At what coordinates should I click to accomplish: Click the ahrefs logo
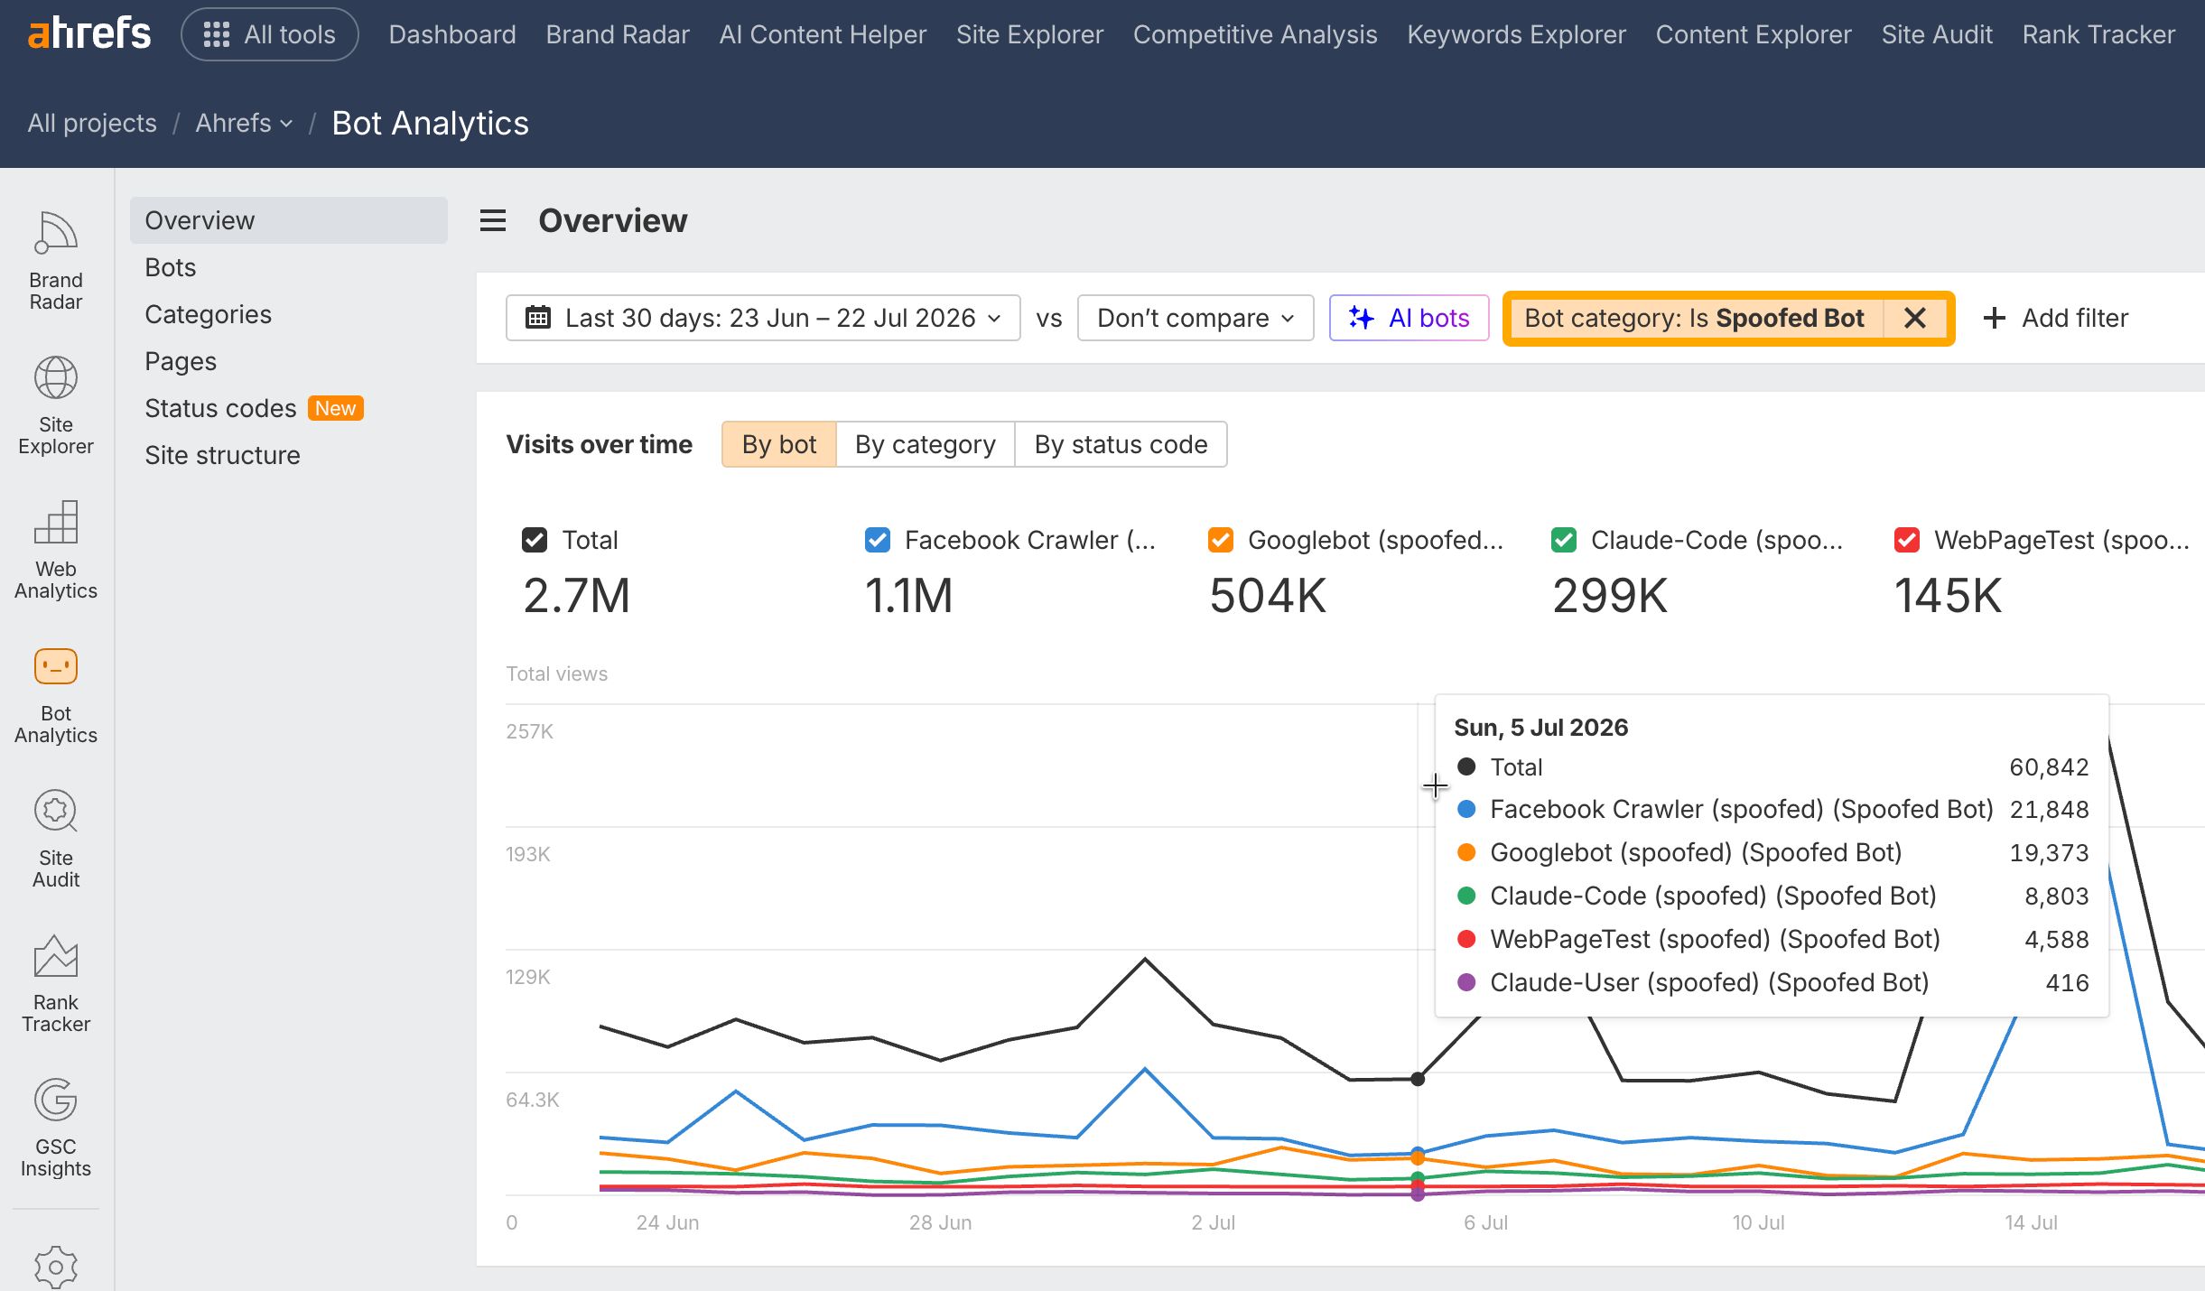coord(89,34)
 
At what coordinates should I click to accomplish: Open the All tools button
coord(270,34)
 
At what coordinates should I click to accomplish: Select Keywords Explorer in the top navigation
coord(1516,34)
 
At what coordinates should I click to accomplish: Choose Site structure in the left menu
coord(222,455)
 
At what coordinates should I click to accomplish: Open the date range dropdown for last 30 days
coord(763,318)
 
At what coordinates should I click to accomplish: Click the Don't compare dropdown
coord(1196,318)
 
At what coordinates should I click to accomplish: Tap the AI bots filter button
coord(1409,318)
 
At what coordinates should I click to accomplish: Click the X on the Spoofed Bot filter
coord(1914,318)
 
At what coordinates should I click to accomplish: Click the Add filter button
coord(2055,318)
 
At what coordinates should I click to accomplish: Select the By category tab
coord(925,444)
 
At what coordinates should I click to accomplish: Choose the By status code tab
coord(1121,444)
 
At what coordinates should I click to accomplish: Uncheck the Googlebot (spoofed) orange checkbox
coord(1220,540)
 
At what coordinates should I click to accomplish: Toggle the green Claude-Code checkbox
coord(1563,540)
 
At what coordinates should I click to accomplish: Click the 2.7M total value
coord(576,596)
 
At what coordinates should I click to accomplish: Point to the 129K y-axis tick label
coord(528,977)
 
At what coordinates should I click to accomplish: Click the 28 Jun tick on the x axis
coord(940,1222)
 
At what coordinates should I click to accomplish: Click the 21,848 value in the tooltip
coord(2049,810)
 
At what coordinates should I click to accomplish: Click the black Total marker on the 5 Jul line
coord(1418,1079)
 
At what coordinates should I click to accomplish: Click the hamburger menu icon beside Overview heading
coord(493,220)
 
